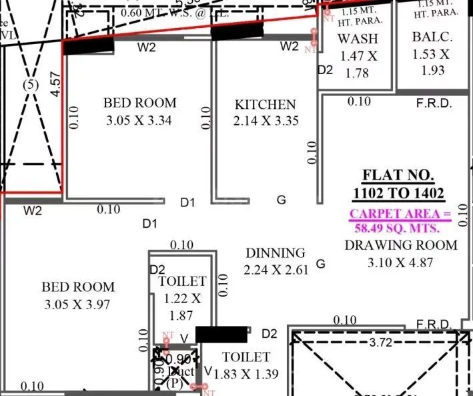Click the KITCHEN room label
pos(265,105)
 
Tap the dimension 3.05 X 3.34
pos(140,121)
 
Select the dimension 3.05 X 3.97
pos(78,305)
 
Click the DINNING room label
pos(276,253)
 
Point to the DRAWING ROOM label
pos(400,245)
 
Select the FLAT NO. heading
pos(398,176)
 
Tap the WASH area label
pos(357,39)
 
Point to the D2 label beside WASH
pos(324,69)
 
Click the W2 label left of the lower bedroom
pos(33,211)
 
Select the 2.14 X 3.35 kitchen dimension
pos(266,121)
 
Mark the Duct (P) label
pos(175,377)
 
